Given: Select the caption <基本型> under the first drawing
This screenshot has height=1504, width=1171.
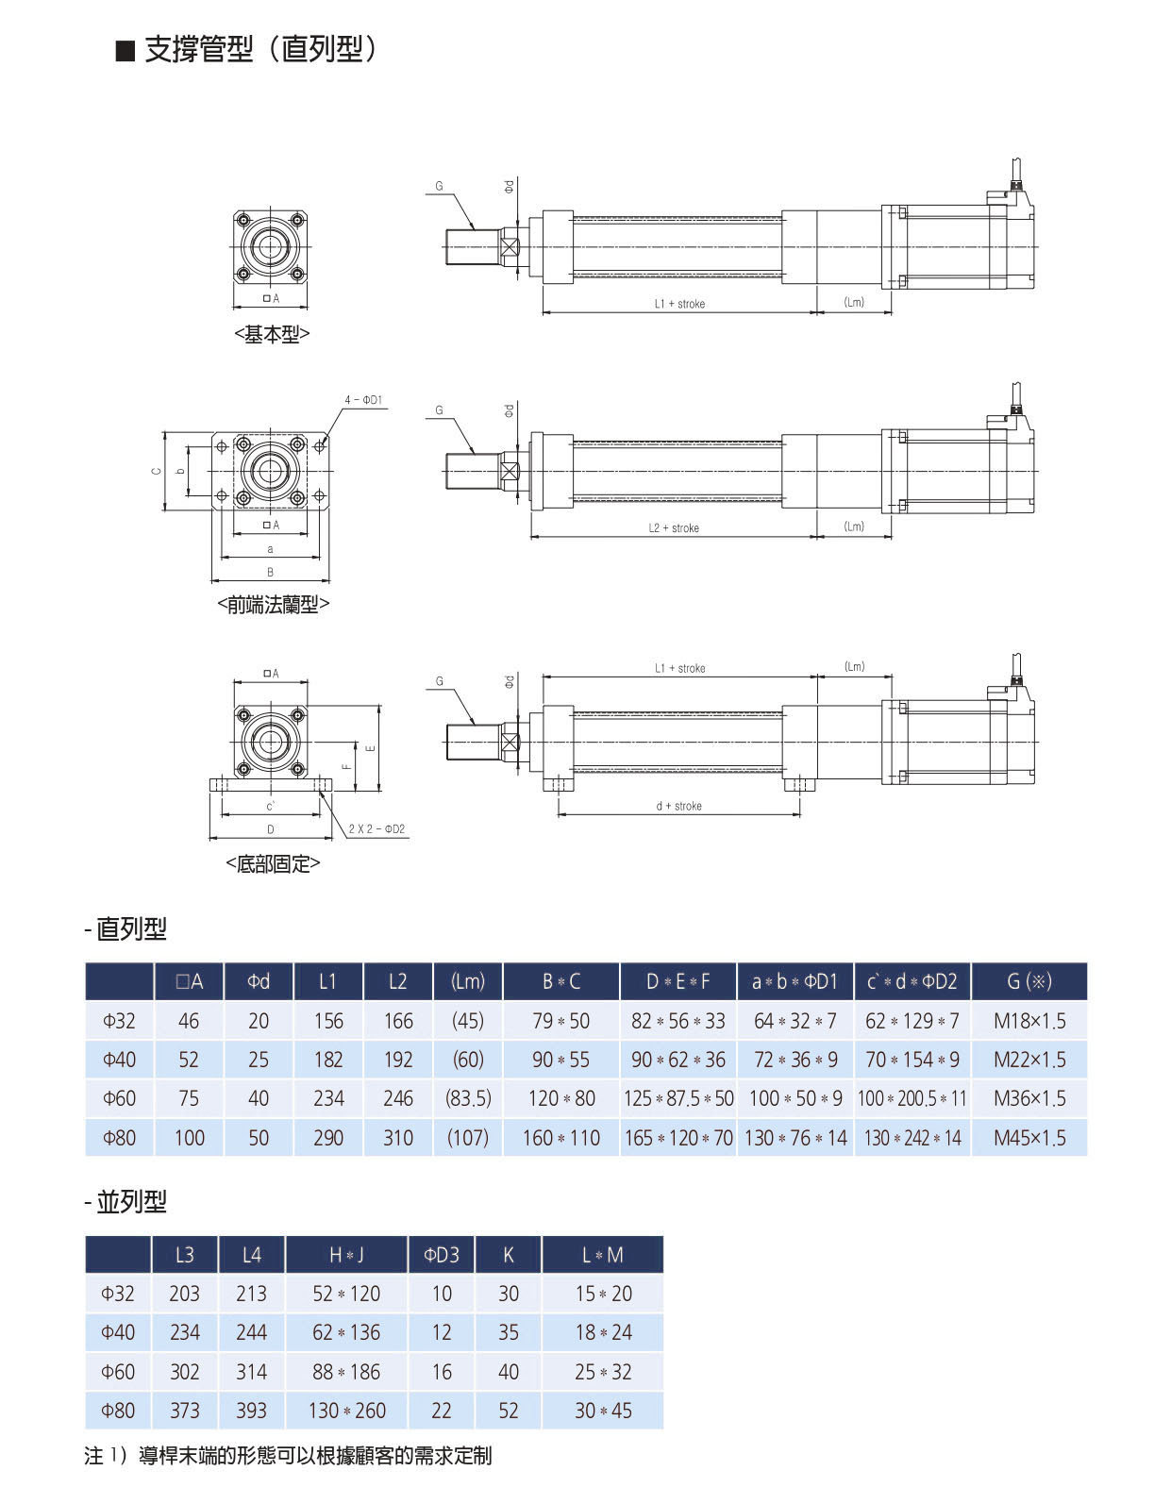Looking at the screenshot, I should coord(272,334).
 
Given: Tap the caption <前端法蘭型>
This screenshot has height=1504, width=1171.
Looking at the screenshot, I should coord(274,605).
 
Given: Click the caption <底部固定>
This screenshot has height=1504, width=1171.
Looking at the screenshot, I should coord(274,863).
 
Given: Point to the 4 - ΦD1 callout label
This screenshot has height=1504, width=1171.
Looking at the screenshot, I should coord(363,400).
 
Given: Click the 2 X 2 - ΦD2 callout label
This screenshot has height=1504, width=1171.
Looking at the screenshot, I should coord(376,828).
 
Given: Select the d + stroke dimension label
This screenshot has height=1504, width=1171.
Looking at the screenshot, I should coord(679,806).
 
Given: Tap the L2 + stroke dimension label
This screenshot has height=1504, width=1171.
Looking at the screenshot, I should coord(674,527).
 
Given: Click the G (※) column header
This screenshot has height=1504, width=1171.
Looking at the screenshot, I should coord(1029,981).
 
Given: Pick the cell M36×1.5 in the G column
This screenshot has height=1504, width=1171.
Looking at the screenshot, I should coord(1029,1098).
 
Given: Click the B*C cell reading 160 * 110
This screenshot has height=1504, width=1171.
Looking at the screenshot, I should coord(561,1138).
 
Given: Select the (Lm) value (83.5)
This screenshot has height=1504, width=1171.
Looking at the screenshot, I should coord(468,1098).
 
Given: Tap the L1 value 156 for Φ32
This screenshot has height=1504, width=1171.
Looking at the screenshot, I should coord(327,1021).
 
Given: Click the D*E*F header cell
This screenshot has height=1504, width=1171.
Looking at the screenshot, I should coord(678,981).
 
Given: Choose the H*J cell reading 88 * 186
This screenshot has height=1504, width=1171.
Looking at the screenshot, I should coord(346,1372).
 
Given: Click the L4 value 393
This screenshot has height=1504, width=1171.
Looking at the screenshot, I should coord(251,1411).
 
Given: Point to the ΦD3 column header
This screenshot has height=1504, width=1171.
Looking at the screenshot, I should coord(441,1255).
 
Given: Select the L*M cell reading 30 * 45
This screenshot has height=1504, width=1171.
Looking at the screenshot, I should coord(603,1411).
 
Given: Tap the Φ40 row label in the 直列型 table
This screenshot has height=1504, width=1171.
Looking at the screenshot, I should coord(119,1060).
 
